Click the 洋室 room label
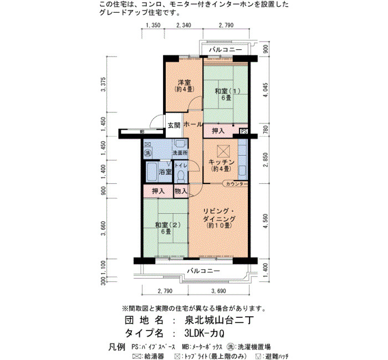[x=185, y=82]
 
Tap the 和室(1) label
[x=227, y=91]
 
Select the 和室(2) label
[x=167, y=225]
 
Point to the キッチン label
[x=222, y=162]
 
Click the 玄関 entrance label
[x=174, y=125]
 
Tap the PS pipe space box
[x=244, y=131]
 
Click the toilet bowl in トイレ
[x=181, y=176]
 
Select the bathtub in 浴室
[x=151, y=172]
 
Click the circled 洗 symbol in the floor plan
[x=148, y=153]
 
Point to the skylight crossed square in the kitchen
[x=223, y=151]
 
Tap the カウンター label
[x=237, y=184]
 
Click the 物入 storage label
[x=181, y=191]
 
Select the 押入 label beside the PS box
[x=218, y=131]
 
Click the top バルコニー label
[x=226, y=50]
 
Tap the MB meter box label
[x=142, y=132]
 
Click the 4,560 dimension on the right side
[x=266, y=222]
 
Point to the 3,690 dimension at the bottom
[x=219, y=291]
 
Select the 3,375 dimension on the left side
[x=104, y=84]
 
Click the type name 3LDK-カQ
[x=205, y=333]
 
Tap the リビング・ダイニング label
[x=219, y=215]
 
